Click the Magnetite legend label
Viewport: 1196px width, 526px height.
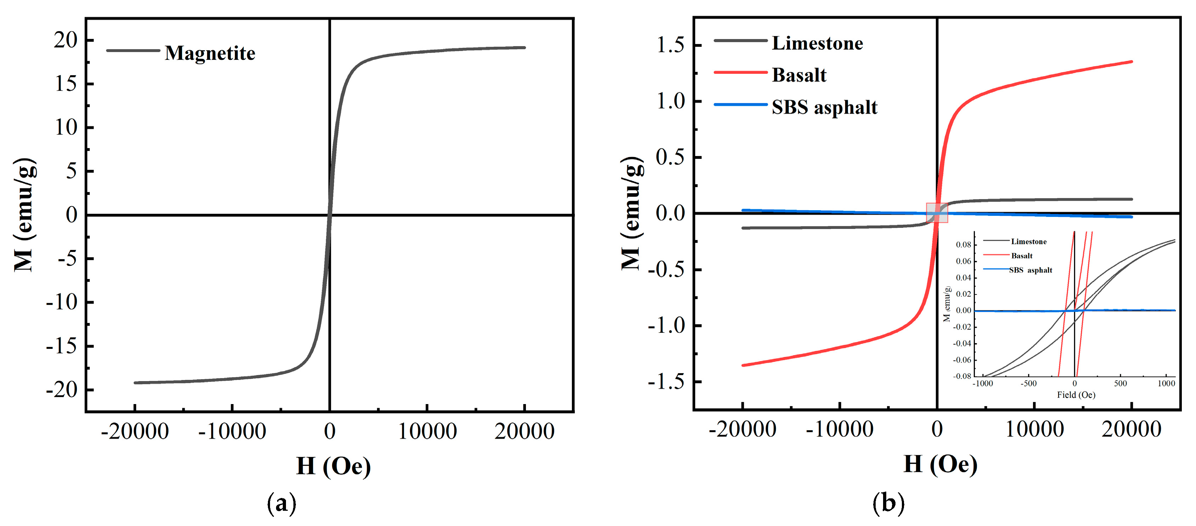pyautogui.click(x=209, y=53)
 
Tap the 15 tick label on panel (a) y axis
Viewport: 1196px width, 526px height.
pyautogui.click(x=66, y=84)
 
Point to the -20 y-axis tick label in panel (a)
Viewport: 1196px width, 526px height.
pyautogui.click(x=61, y=390)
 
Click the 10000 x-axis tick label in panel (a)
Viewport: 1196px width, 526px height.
pyautogui.click(x=427, y=431)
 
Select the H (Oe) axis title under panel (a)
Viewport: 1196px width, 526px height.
pyautogui.click(x=333, y=466)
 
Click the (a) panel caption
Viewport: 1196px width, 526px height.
pyautogui.click(x=281, y=503)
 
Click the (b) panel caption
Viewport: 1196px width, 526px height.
pyautogui.click(x=889, y=503)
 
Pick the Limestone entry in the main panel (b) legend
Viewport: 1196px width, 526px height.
pyautogui.click(x=817, y=43)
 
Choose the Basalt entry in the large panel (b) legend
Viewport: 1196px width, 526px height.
pyautogui.click(x=799, y=75)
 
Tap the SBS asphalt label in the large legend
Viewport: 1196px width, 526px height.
pyautogui.click(x=825, y=107)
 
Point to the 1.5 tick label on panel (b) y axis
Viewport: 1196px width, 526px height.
pyautogui.click(x=670, y=45)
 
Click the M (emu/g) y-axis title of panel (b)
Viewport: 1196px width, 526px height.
pyautogui.click(x=632, y=214)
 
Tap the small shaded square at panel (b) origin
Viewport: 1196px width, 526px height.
pyautogui.click(x=937, y=213)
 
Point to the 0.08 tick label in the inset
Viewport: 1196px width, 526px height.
pyautogui.click(x=964, y=245)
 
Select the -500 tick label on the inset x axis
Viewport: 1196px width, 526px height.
pyautogui.click(x=1028, y=384)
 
